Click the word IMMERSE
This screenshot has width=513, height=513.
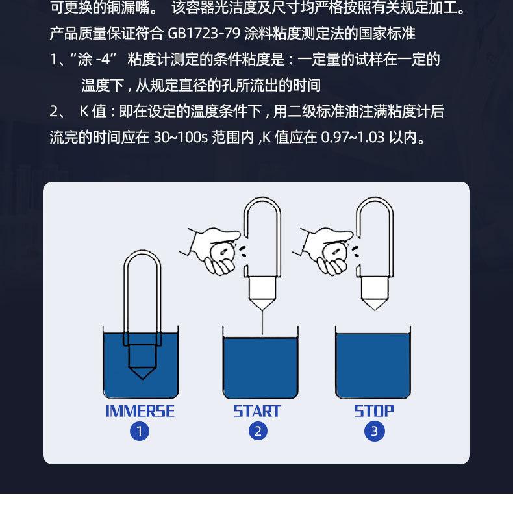pyautogui.click(x=140, y=411)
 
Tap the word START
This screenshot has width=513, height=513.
pyautogui.click(x=257, y=411)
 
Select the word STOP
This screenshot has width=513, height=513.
pyautogui.click(x=374, y=411)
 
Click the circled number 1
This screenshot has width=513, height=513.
pyautogui.click(x=140, y=432)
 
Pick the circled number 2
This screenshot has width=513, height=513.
pyautogui.click(x=258, y=431)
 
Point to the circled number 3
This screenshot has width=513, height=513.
pyautogui.click(x=375, y=431)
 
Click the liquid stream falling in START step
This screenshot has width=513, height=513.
pyautogui.click(x=262, y=322)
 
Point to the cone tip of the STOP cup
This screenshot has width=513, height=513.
pyautogui.click(x=375, y=309)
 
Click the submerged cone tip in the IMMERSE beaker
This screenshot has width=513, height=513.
pyautogui.click(x=142, y=378)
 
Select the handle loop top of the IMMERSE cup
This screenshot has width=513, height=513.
pyautogui.click(x=142, y=251)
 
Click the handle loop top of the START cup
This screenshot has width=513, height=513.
pyautogui.click(x=262, y=198)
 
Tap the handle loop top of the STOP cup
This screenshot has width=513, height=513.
pyautogui.click(x=375, y=198)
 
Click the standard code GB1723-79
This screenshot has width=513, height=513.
pyautogui.click(x=204, y=33)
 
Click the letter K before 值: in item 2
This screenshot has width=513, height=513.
pyautogui.click(x=84, y=111)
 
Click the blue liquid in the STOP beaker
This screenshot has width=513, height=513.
pyautogui.click(x=373, y=365)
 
